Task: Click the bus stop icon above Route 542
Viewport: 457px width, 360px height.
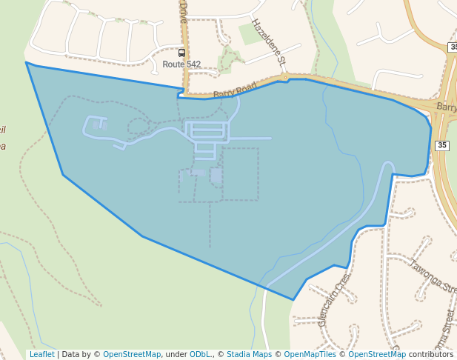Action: pos(182,53)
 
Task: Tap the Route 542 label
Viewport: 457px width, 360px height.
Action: pos(181,64)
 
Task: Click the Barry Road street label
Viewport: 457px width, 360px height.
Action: pos(234,90)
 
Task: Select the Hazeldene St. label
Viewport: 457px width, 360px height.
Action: pos(268,41)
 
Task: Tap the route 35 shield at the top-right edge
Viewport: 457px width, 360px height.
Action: pos(453,47)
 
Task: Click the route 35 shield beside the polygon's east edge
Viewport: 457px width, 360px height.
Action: pos(441,145)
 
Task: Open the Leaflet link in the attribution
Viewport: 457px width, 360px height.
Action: pos(41,355)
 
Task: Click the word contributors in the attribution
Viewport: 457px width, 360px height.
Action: pos(431,355)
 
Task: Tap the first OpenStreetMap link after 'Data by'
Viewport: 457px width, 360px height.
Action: pos(132,355)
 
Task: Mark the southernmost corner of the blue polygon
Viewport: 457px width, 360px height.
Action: pos(293,299)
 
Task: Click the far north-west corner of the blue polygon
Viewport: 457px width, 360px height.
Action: pos(27,63)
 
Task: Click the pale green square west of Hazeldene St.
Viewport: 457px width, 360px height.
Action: pos(250,33)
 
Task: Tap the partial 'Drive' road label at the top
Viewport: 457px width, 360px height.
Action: pos(183,11)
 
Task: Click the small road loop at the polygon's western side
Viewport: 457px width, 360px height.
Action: pos(96,126)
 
